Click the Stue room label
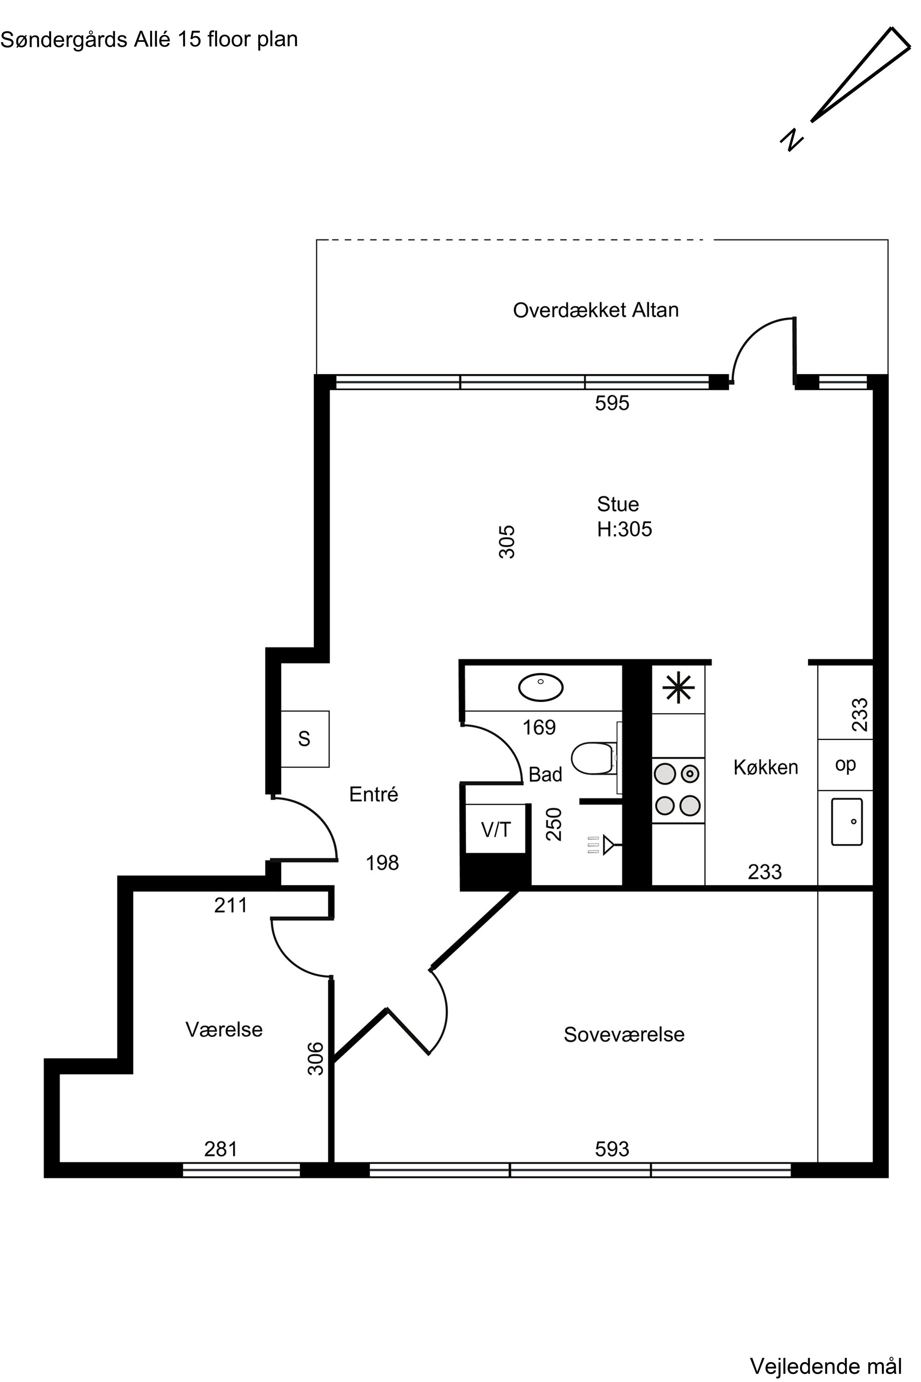tap(618, 504)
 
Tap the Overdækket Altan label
tap(595, 310)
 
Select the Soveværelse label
tap(624, 1035)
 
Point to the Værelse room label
tap(224, 1030)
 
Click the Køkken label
tap(765, 767)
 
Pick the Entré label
tap(373, 794)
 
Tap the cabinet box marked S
tap(305, 738)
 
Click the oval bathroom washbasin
tap(540, 687)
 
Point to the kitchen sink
tap(846, 821)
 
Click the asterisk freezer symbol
tap(678, 687)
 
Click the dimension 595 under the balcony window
tap(612, 403)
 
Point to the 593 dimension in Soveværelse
tap(612, 1149)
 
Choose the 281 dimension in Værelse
tap(221, 1149)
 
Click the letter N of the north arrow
tap(792, 140)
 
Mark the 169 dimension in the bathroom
tap(539, 727)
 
